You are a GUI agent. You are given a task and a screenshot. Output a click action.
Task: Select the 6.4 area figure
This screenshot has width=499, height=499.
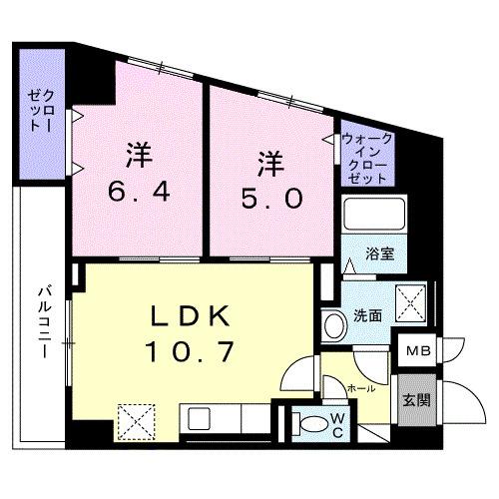pos(139,190)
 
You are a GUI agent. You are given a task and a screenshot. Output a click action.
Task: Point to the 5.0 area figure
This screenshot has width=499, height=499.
pos(267,197)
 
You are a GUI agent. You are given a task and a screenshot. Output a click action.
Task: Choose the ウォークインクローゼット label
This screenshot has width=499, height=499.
pos(366,158)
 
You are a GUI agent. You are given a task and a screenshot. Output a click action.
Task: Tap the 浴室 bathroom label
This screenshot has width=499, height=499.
pos(380,253)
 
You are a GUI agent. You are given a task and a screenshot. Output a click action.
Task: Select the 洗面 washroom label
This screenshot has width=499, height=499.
pos(367,315)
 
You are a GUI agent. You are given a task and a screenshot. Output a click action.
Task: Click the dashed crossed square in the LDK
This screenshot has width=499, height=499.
pos(133,420)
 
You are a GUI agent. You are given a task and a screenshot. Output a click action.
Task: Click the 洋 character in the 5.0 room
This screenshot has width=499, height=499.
pos(267,161)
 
